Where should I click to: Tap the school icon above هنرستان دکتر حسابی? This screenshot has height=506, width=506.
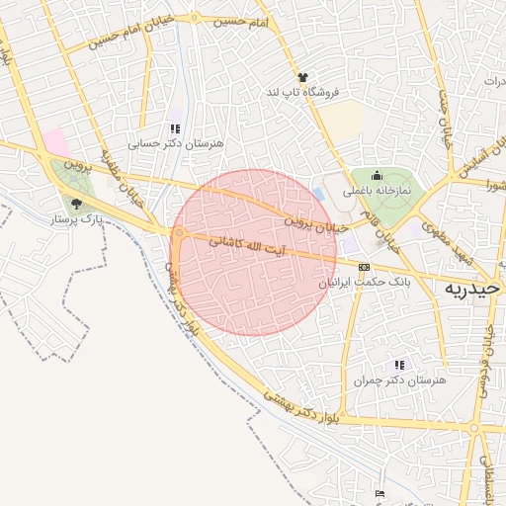[x=175, y=128]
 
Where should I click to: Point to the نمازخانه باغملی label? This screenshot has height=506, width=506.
[x=376, y=189]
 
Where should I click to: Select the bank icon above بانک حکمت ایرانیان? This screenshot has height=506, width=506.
[x=364, y=267]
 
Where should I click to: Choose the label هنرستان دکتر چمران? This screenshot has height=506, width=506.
[x=399, y=380]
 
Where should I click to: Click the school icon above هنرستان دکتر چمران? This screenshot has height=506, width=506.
[x=399, y=366]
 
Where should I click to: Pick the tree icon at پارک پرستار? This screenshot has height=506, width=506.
[x=76, y=205]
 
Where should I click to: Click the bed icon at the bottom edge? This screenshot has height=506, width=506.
[x=379, y=494]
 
